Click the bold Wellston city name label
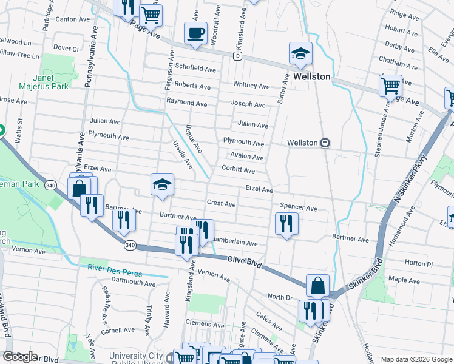(x=311, y=77)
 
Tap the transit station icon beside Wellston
(x=325, y=143)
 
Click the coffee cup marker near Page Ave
(x=195, y=33)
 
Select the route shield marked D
(x=237, y=56)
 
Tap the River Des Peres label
(x=114, y=268)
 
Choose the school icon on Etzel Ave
(x=162, y=184)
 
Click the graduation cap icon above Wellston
(x=300, y=53)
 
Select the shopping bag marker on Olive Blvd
(x=318, y=285)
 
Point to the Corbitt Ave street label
(x=238, y=170)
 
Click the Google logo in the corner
(x=20, y=357)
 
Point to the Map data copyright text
(x=416, y=359)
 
